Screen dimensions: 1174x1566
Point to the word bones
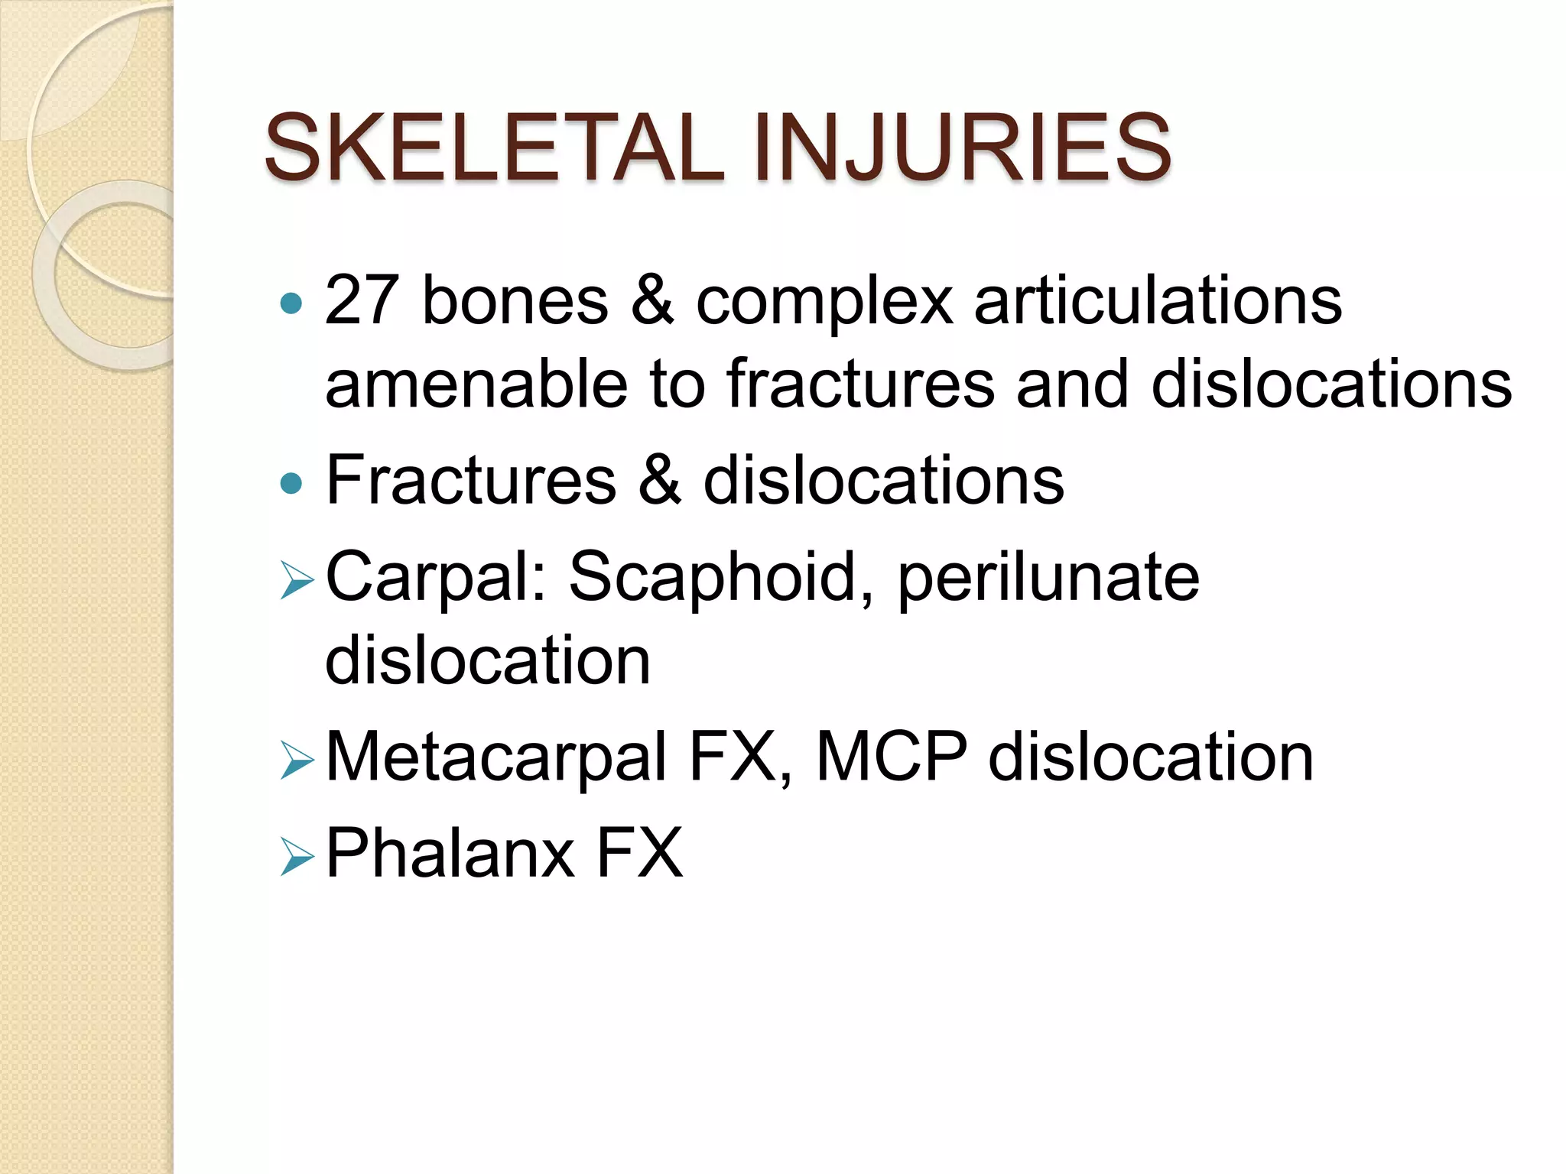point(515,300)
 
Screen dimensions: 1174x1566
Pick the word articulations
point(1158,300)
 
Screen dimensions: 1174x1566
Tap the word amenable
point(476,384)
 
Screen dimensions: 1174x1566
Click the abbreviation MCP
point(892,757)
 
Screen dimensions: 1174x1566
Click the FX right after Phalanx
point(639,853)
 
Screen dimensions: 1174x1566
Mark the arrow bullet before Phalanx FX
point(297,856)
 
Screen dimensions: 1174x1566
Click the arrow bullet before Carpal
point(297,580)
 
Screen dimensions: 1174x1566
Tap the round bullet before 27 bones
point(291,304)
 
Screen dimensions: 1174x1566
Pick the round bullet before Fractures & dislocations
point(291,483)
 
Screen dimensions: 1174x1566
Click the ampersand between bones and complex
point(652,300)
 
